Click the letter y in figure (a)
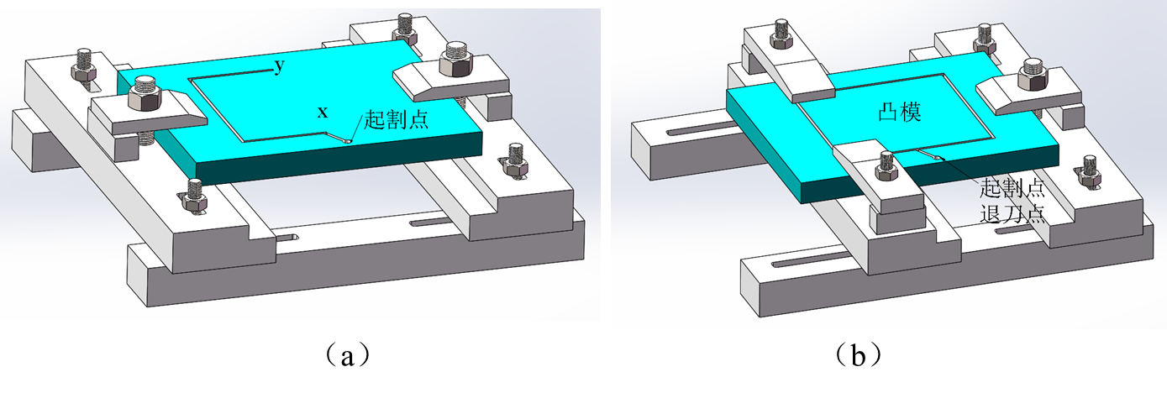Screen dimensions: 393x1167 [x=278, y=67]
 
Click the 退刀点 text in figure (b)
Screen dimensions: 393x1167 [x=1012, y=212]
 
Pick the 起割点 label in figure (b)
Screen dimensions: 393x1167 [x=1012, y=186]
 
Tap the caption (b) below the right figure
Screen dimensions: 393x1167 [x=859, y=355]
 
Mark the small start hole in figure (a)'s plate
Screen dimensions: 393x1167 [x=344, y=141]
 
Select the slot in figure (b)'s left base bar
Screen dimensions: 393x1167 [x=690, y=134]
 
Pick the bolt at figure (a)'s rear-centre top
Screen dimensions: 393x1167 [x=403, y=29]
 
